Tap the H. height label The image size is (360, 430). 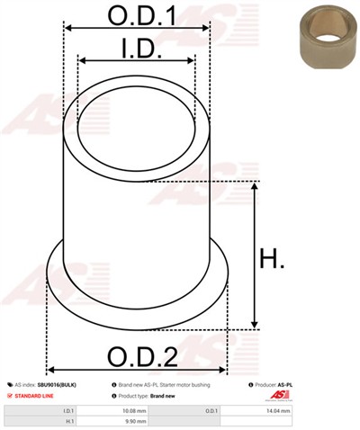coord(274,262)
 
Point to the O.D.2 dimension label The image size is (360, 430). coord(137,357)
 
